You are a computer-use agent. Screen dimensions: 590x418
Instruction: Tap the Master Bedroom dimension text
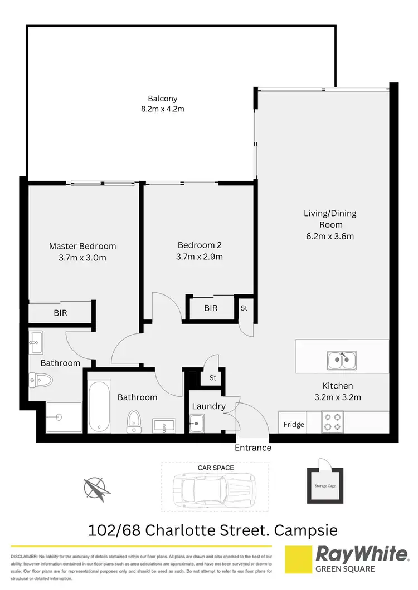(82, 257)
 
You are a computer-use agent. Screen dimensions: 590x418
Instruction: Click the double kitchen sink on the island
(342, 360)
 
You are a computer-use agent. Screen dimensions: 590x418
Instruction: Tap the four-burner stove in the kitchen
(333, 422)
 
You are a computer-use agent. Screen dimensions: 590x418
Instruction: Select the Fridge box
(294, 424)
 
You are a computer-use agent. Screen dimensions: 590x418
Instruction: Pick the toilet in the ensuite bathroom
(42, 381)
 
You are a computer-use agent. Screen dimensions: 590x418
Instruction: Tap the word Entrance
(253, 448)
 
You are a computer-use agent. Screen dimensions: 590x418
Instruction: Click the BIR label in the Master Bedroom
(60, 313)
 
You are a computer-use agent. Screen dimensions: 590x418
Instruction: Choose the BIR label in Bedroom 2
(211, 308)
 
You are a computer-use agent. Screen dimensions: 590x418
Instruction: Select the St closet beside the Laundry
(212, 378)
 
